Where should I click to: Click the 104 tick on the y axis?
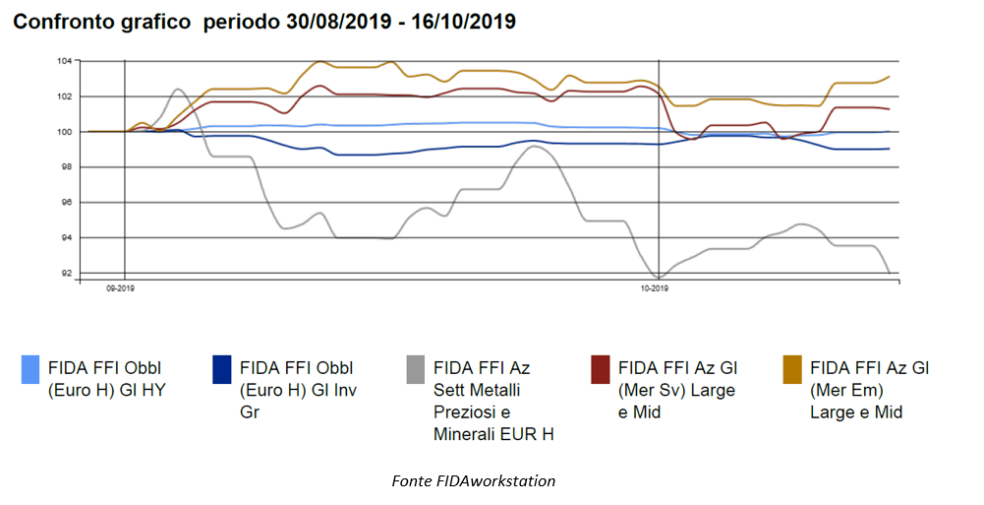click(63, 61)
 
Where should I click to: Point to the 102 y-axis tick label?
click(63, 96)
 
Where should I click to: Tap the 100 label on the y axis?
click(63, 132)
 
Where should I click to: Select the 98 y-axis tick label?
click(65, 167)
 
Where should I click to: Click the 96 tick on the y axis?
click(65, 203)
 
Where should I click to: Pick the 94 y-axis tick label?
click(65, 238)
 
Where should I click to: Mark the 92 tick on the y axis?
click(65, 274)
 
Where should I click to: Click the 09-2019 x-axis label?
click(120, 288)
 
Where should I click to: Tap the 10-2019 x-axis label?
click(654, 288)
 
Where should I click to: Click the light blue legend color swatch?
click(31, 369)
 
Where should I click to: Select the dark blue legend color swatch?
click(222, 369)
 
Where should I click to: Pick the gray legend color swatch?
click(416, 369)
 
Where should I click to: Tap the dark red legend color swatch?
click(601, 369)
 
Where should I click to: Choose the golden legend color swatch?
click(792, 369)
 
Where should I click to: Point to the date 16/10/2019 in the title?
click(463, 22)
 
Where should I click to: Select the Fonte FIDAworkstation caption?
click(473, 481)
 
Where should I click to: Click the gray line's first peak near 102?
click(177, 90)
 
